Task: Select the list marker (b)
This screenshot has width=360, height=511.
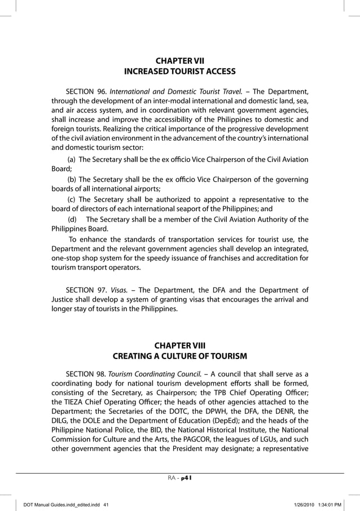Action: tap(72, 180)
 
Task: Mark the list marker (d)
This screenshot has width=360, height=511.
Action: tap(72, 219)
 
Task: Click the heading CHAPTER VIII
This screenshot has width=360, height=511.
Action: tap(179, 345)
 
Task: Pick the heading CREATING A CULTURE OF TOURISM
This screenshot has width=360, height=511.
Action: tap(179, 356)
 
